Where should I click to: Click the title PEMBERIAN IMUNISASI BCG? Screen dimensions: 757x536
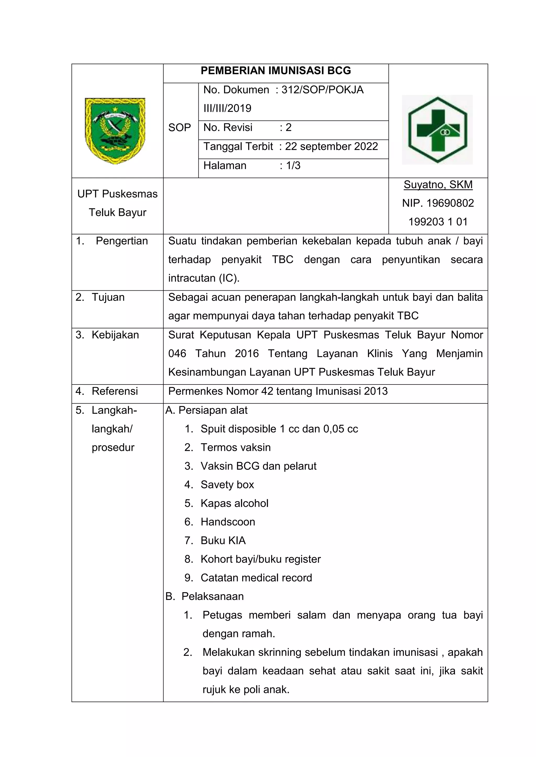276,71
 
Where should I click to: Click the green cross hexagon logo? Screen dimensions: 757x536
437,130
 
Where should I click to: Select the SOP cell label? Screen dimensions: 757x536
180,128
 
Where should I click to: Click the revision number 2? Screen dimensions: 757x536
288,127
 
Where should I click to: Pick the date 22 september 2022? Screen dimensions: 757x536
331,146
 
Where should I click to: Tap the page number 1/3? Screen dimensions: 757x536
293,165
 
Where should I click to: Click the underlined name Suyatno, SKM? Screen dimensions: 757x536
438,185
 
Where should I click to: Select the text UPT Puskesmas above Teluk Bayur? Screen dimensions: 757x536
118,194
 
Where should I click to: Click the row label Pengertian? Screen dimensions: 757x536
121,241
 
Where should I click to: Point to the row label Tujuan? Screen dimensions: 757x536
108,297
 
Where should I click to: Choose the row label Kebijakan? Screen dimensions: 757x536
115,335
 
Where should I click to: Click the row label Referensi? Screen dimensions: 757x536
115,391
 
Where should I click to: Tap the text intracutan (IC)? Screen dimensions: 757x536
204,278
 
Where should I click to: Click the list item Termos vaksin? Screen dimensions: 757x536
235,448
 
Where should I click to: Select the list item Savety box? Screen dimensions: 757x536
227,485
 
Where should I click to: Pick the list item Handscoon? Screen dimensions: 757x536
228,522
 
